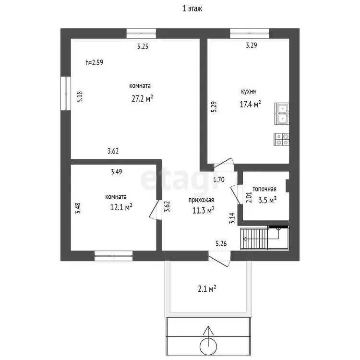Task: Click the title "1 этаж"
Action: [x=192, y=9]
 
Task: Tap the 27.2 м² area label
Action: [x=143, y=98]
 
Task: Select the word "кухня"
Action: [x=248, y=91]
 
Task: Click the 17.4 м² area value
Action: [x=250, y=104]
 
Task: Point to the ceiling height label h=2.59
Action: [x=95, y=62]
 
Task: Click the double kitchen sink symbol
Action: [x=282, y=114]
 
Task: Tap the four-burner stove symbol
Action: [x=281, y=139]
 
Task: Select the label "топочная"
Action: [x=264, y=189]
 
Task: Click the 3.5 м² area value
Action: [x=267, y=200]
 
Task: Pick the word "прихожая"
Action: [x=201, y=200]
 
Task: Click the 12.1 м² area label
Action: [x=121, y=207]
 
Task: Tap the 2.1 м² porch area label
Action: [x=207, y=288]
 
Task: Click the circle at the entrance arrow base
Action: [x=208, y=346]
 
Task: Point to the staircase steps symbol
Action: [x=254, y=239]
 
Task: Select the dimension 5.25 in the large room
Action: [x=143, y=47]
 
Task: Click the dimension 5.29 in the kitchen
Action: [x=214, y=107]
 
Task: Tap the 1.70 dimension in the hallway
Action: [x=219, y=180]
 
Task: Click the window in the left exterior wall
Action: [x=66, y=93]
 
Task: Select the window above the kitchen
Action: [x=250, y=33]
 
